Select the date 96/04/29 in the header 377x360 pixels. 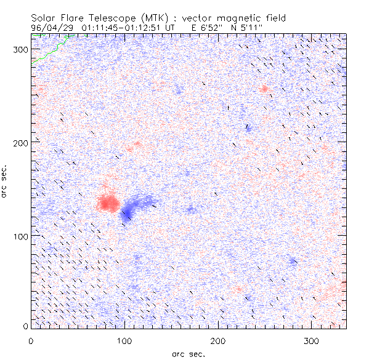pos(51,27)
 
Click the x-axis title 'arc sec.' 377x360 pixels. pos(188,353)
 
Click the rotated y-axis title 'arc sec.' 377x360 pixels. pos(6,182)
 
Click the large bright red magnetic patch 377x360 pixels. pos(108,202)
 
